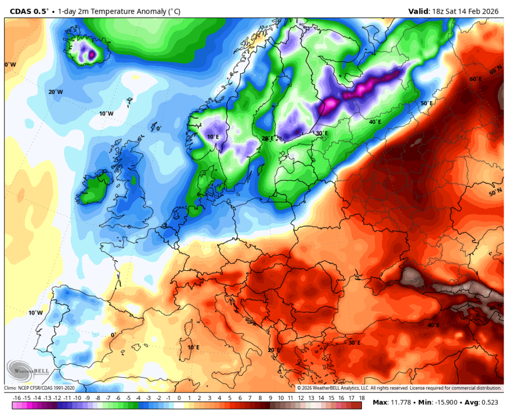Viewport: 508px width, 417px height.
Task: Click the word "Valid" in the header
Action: coord(419,11)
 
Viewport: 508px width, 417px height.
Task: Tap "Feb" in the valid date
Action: coord(475,11)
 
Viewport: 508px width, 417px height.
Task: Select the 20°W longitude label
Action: coord(55,92)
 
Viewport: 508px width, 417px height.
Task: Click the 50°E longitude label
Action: coord(426,103)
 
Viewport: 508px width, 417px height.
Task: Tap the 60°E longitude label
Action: coord(476,79)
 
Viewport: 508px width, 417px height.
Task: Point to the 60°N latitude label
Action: coord(496,71)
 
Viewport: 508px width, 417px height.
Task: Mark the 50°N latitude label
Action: coord(496,193)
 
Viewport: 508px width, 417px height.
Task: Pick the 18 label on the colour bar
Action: coord(361,398)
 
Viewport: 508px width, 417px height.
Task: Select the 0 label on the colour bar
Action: coord(179,398)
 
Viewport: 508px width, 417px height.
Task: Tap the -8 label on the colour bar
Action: coord(98,398)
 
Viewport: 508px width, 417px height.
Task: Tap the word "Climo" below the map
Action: coord(10,388)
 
